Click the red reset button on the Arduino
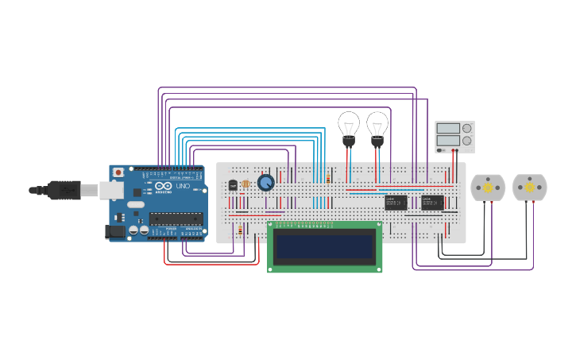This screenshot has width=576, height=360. click(x=118, y=172)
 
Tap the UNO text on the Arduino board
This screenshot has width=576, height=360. click(x=182, y=187)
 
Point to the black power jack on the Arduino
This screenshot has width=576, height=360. click(x=116, y=231)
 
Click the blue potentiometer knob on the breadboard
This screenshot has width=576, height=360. click(x=265, y=183)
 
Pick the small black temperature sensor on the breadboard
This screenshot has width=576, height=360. click(x=233, y=184)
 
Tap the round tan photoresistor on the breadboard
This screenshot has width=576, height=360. click(x=245, y=184)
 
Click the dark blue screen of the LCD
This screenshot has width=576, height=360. click(x=324, y=246)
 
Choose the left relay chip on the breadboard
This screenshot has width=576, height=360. click(x=396, y=203)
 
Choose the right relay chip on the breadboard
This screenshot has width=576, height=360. click(x=432, y=203)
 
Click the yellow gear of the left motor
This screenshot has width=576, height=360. click(x=488, y=188)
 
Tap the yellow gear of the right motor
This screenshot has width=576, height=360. click(x=530, y=188)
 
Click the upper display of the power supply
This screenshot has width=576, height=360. click(x=447, y=128)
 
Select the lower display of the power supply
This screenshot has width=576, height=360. click(x=447, y=141)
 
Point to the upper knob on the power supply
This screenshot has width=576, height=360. click(x=467, y=128)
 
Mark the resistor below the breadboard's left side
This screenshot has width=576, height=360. click(x=240, y=230)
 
